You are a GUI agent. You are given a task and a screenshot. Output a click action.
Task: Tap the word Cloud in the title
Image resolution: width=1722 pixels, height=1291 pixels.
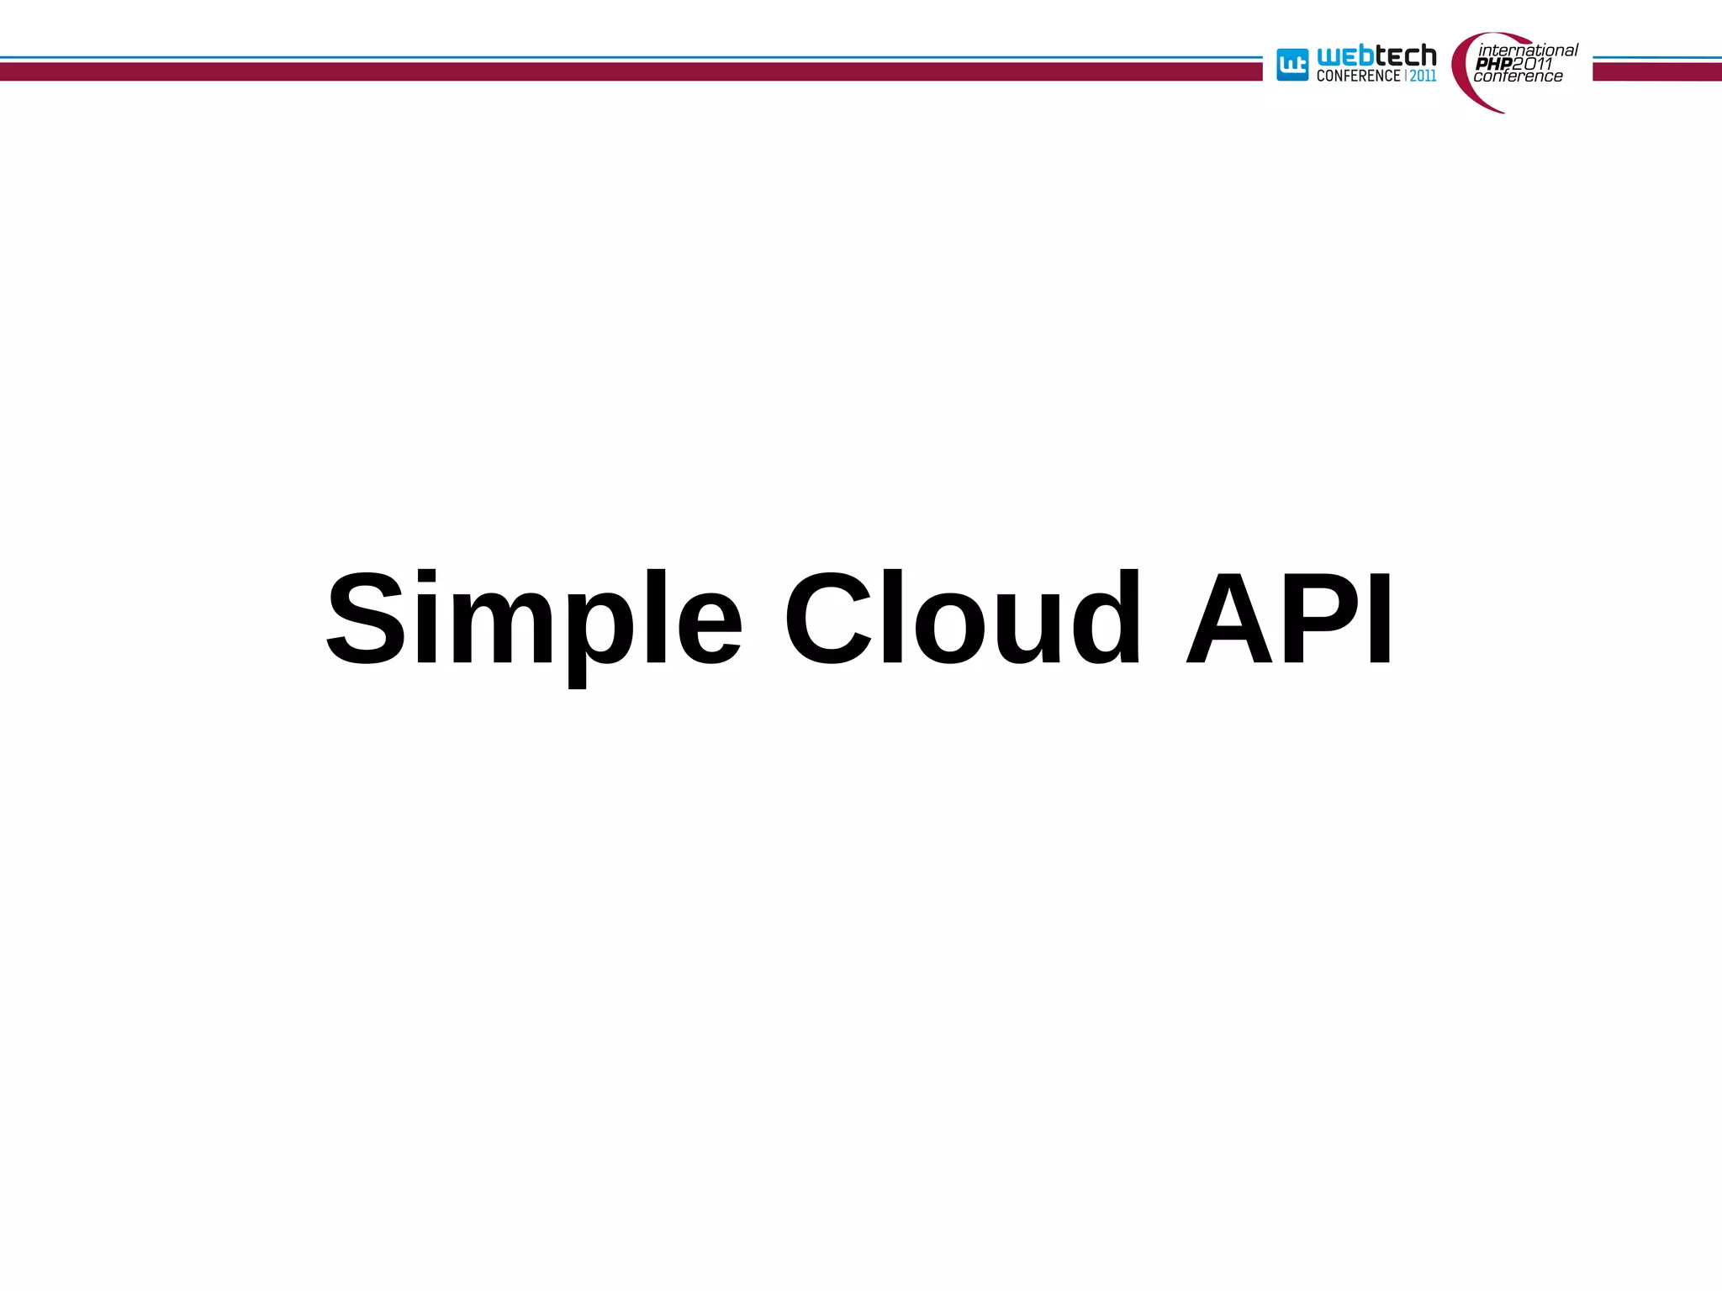click(x=963, y=618)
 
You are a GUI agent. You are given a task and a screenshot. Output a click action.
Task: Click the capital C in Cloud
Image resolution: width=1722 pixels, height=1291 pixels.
click(x=828, y=618)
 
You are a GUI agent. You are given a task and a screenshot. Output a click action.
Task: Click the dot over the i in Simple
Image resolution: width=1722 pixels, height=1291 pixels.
click(x=427, y=578)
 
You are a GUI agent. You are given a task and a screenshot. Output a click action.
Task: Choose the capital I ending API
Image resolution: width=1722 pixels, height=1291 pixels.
click(x=1380, y=618)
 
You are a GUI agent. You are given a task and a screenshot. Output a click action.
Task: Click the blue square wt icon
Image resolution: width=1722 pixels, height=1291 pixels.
click(x=1292, y=65)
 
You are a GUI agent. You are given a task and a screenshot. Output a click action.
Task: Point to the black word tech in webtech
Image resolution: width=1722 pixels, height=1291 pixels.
click(x=1406, y=56)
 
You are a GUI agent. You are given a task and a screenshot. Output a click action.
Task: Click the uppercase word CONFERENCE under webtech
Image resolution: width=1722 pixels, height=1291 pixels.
click(x=1358, y=76)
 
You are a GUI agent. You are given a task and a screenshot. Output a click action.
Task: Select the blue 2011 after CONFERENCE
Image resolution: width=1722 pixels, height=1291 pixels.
click(x=1424, y=76)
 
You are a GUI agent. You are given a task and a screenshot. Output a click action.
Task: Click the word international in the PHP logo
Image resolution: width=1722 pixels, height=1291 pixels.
click(x=1528, y=50)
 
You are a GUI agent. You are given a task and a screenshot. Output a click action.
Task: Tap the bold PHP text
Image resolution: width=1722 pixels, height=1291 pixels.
click(x=1494, y=64)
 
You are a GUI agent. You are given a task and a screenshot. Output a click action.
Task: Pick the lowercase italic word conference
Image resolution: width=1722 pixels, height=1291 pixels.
click(x=1518, y=76)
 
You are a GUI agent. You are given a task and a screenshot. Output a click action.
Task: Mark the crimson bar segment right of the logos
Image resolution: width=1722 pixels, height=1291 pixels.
click(x=1656, y=72)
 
